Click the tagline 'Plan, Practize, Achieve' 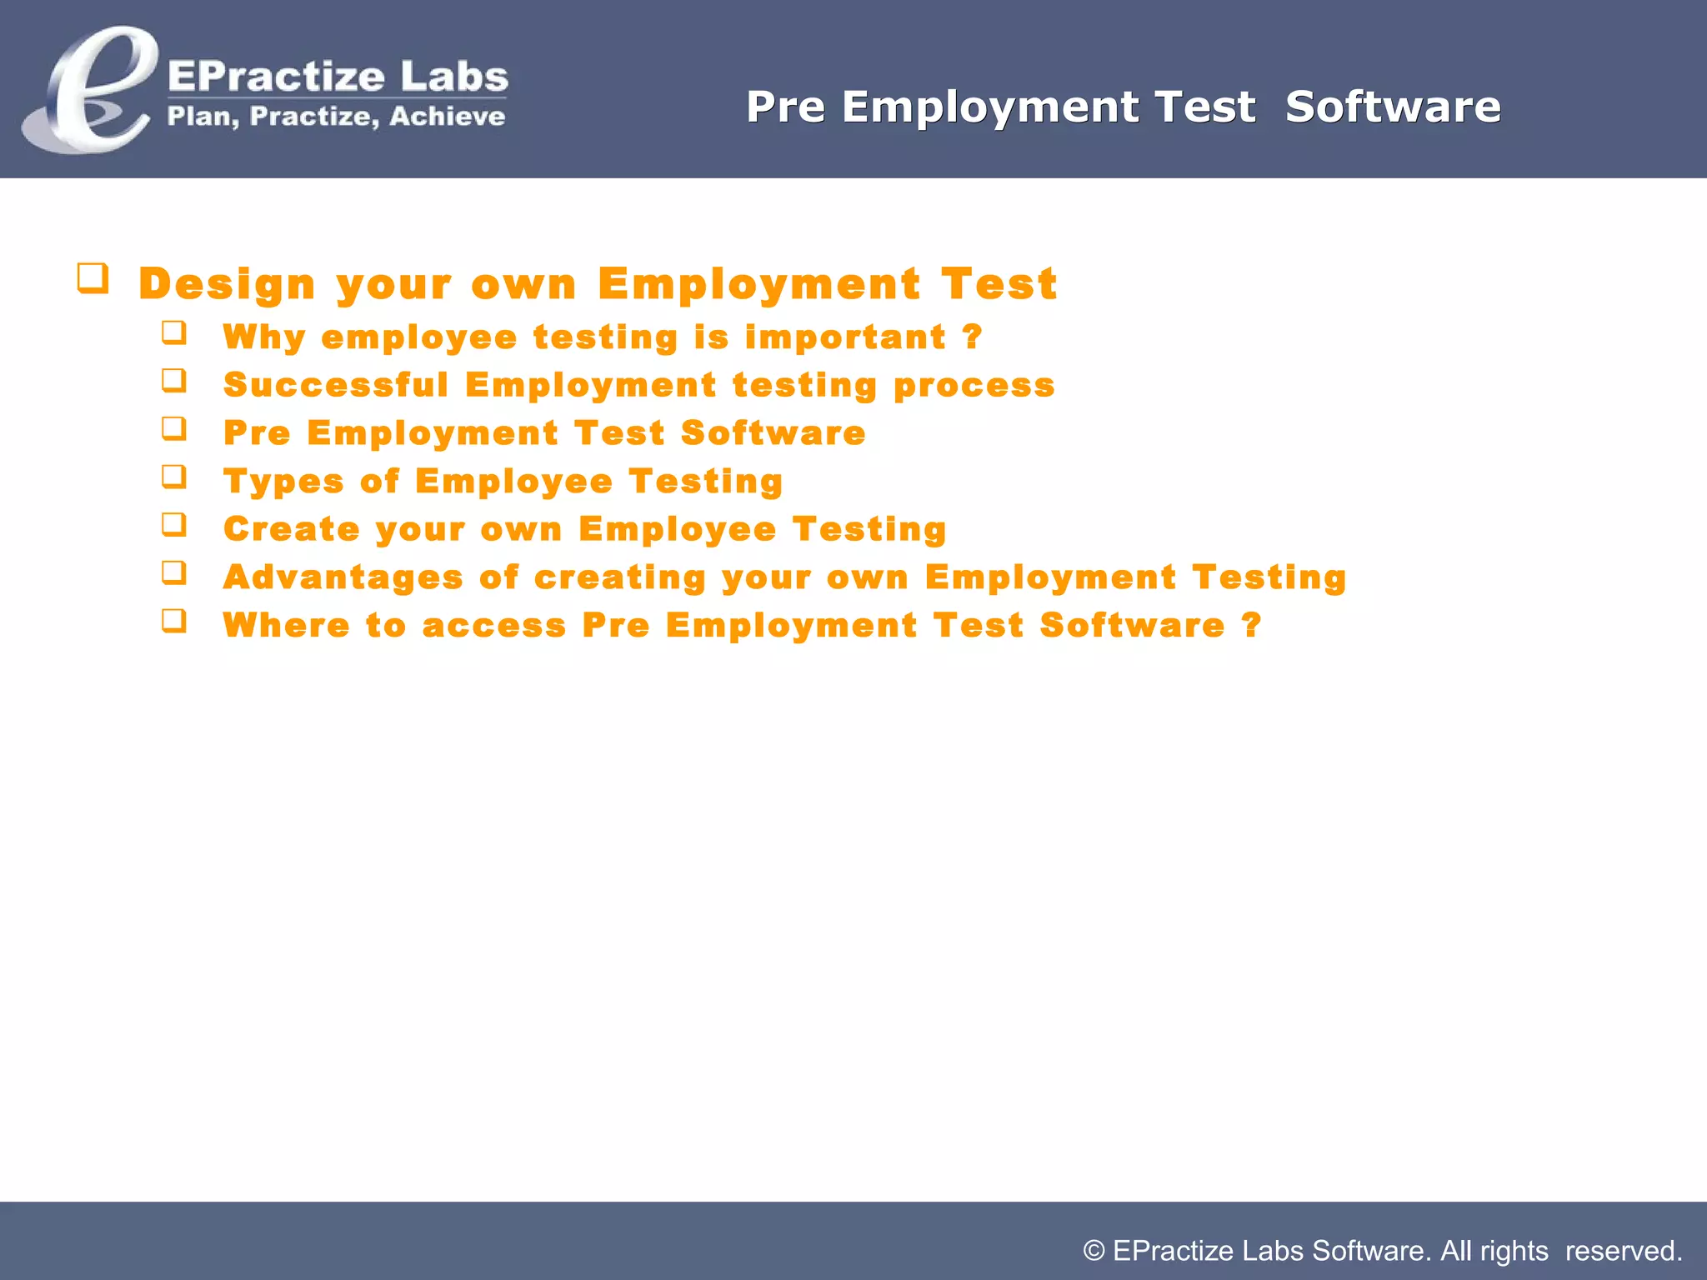(336, 116)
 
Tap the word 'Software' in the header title (1393, 107)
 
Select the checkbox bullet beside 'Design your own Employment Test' (93, 277)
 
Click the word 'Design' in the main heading (227, 284)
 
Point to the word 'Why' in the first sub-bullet (264, 337)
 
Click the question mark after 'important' (972, 337)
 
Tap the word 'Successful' (336, 385)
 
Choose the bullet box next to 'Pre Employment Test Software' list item (174, 428)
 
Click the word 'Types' (283, 482)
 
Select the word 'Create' (292, 529)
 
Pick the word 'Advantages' (343, 577)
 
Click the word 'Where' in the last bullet (286, 626)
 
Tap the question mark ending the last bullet (1251, 626)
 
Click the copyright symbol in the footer (1094, 1251)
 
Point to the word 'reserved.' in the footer (1624, 1251)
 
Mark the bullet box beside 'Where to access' (174, 621)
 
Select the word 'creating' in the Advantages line (619, 577)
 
